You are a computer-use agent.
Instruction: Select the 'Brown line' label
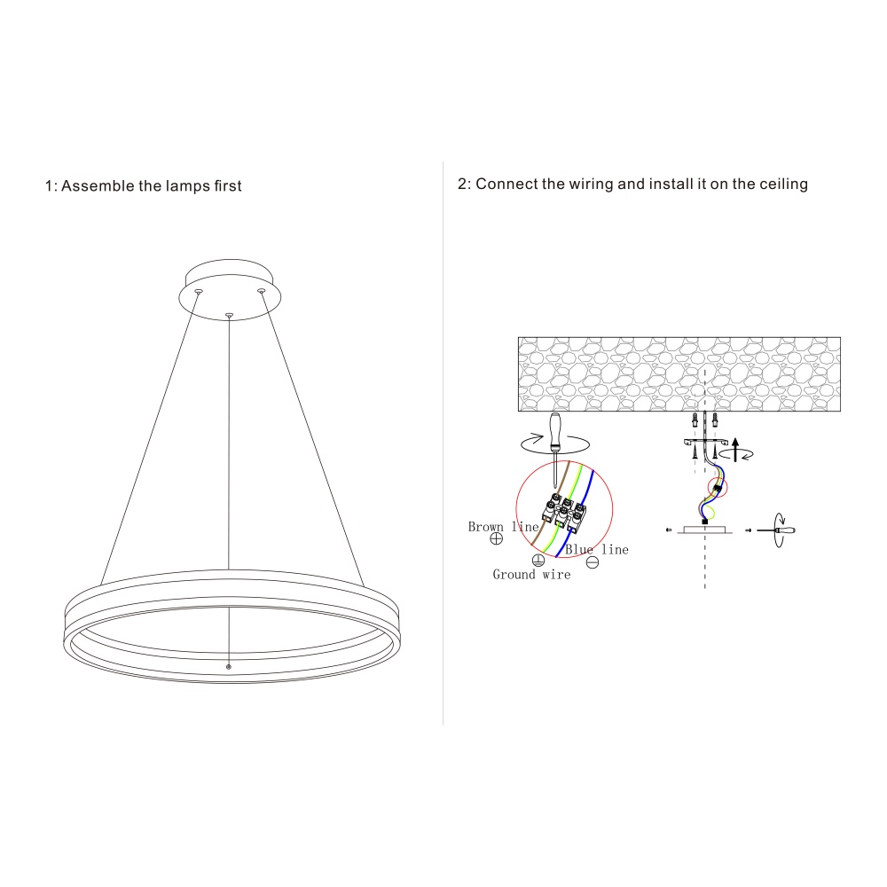[x=503, y=527]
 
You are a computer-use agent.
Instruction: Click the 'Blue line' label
[x=597, y=549]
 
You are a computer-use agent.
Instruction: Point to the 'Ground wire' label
[x=531, y=574]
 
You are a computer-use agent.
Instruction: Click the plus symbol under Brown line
[x=496, y=538]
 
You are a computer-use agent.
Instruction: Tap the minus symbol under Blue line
[x=593, y=562]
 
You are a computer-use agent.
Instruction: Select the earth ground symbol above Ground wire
[x=538, y=560]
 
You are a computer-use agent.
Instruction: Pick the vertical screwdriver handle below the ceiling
[x=555, y=431]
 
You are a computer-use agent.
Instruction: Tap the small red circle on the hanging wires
[x=718, y=488]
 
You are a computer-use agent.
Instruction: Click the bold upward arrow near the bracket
[x=735, y=449]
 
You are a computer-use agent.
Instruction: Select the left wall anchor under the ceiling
[x=695, y=420]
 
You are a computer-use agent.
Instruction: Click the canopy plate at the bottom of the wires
[x=705, y=530]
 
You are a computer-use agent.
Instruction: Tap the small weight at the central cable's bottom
[x=229, y=667]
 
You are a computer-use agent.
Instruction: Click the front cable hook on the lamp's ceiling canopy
[x=229, y=315]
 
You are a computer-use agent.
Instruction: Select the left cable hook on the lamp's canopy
[x=199, y=292]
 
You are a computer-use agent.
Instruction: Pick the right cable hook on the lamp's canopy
[x=261, y=291]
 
